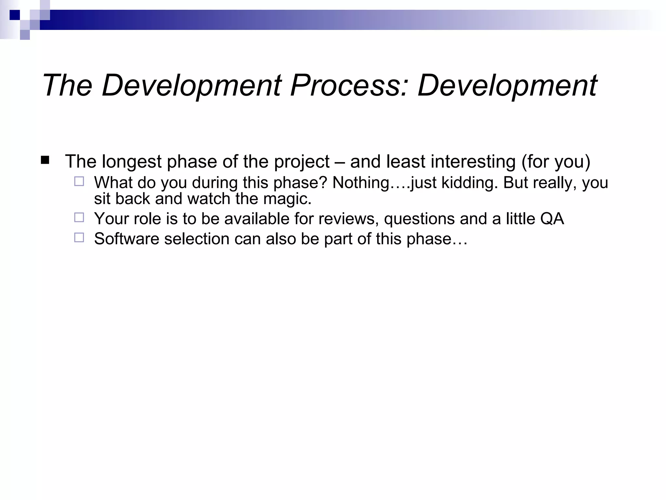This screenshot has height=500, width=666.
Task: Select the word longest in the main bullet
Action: tap(131, 162)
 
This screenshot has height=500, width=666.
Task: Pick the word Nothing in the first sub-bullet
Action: tap(361, 183)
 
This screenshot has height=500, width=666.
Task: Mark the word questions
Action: tap(419, 218)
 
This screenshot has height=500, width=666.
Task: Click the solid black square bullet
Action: tap(45, 160)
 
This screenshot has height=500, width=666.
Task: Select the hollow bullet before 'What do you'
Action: tap(79, 181)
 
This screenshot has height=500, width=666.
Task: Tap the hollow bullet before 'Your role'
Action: tap(79, 217)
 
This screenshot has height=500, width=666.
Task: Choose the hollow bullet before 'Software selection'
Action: tap(79, 237)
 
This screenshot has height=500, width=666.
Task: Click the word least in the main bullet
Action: tap(406, 162)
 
